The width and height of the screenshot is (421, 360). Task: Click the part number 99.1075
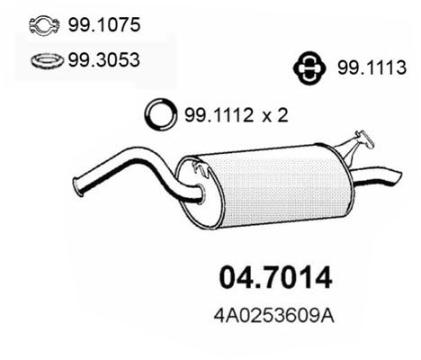[x=104, y=24]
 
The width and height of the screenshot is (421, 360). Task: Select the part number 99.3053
[x=103, y=59]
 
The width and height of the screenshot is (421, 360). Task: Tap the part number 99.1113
[x=372, y=67]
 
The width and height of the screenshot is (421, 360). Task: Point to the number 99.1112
[x=219, y=115]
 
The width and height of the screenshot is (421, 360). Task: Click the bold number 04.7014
[x=275, y=277]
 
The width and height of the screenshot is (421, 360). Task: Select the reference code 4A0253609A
[x=273, y=316]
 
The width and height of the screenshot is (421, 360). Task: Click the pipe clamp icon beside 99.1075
[x=44, y=25]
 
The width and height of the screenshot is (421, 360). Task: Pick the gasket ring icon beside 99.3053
[x=47, y=61]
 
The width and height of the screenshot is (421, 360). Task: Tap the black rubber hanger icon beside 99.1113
[x=309, y=67]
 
